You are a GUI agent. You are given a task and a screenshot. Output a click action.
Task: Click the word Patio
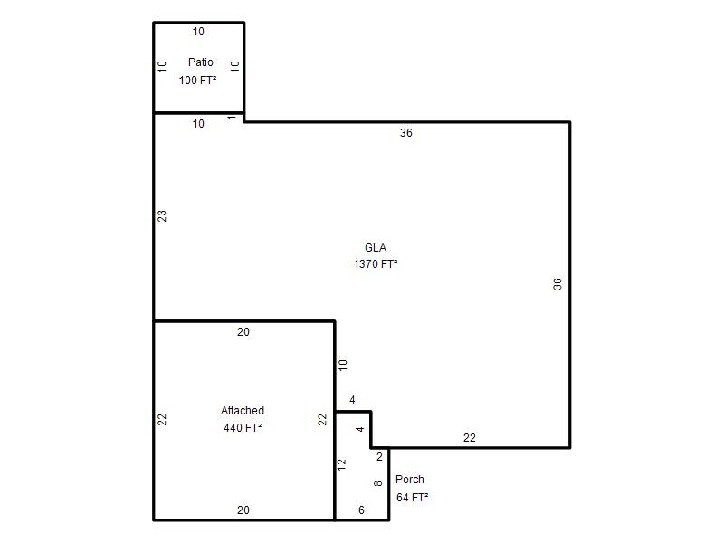[200, 62]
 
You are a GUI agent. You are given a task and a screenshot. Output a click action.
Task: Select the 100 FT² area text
[197, 81]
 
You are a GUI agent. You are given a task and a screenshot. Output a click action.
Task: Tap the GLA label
[376, 248]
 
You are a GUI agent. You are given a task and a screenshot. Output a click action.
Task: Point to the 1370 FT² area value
[376, 264]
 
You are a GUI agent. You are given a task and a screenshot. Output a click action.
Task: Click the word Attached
[243, 411]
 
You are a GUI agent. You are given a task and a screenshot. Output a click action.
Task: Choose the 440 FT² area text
[243, 428]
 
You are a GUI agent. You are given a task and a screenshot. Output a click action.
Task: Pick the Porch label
[410, 480]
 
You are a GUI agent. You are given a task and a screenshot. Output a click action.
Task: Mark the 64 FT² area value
[412, 497]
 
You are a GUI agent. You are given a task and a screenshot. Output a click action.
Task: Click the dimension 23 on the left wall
[162, 216]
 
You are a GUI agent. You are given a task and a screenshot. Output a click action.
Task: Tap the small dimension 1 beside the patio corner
[232, 118]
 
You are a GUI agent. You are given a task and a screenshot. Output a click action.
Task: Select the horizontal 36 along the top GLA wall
[405, 133]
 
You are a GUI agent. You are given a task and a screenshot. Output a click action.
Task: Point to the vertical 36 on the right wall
[557, 283]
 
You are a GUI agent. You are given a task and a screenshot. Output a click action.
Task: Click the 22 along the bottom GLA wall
[469, 438]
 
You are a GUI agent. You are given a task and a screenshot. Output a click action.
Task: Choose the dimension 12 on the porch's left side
[342, 464]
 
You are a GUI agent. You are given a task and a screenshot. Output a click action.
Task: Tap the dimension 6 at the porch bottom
[361, 510]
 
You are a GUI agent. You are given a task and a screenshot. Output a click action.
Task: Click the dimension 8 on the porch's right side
[377, 483]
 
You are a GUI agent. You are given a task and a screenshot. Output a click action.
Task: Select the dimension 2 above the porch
[379, 457]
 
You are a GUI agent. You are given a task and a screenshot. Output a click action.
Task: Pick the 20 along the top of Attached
[243, 332]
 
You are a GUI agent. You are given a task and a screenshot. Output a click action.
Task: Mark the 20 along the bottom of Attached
[243, 510]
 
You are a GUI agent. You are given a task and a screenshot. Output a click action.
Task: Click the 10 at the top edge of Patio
[198, 32]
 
